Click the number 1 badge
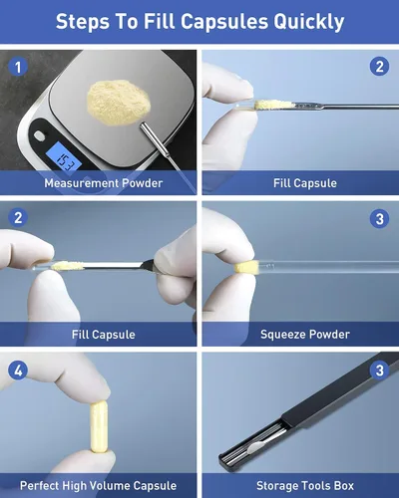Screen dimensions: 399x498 click(x=18, y=67)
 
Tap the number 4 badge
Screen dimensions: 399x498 click(x=18, y=371)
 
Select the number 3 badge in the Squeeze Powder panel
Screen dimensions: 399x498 click(x=379, y=219)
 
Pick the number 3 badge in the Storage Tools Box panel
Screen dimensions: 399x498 click(x=379, y=371)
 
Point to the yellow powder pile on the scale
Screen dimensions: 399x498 click(x=119, y=102)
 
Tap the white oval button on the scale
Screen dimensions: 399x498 click(x=40, y=135)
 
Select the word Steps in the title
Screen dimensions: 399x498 click(x=83, y=22)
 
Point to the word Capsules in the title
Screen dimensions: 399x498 click(x=224, y=22)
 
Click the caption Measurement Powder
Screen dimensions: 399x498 click(x=104, y=183)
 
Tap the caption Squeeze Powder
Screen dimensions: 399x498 click(x=305, y=335)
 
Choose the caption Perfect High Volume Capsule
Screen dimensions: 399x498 click(x=98, y=486)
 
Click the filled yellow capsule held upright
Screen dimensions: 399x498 click(x=99, y=426)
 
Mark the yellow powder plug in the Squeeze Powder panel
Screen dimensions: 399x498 click(x=246, y=267)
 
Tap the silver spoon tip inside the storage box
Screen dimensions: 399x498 click(x=254, y=448)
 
